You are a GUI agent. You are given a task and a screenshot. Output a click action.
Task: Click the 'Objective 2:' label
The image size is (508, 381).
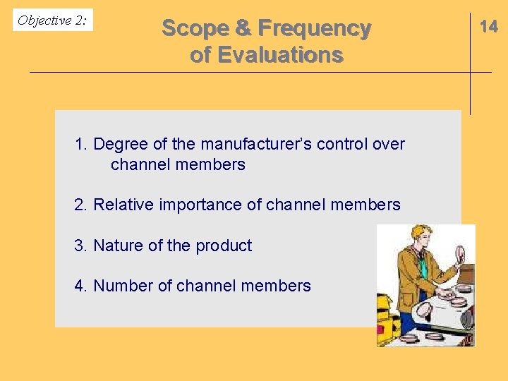click(52, 20)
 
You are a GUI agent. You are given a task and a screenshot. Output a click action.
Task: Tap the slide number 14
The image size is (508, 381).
click(488, 27)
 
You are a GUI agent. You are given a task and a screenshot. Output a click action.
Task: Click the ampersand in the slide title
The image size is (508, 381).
click(243, 28)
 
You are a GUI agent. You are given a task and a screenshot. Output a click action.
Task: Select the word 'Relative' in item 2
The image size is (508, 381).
click(121, 205)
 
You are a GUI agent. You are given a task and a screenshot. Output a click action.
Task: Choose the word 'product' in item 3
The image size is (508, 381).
click(224, 246)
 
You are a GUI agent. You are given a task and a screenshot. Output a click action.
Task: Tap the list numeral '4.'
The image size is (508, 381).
click(81, 286)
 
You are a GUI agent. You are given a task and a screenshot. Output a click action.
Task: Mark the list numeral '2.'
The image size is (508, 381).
click(81, 205)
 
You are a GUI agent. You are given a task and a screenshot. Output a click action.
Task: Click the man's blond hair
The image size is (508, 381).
click(422, 234)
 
